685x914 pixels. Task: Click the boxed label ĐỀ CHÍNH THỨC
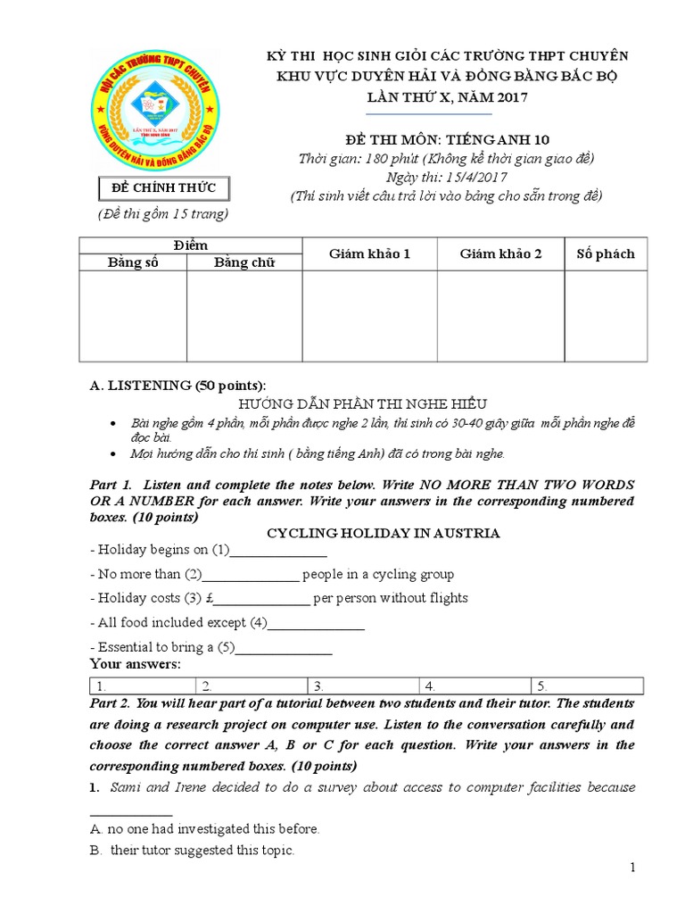[x=163, y=188]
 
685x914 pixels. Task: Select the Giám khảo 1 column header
[x=369, y=254]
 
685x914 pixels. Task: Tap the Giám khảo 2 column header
[x=500, y=254]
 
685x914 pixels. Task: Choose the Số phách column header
[x=606, y=254]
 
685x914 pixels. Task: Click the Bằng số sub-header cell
[x=133, y=262]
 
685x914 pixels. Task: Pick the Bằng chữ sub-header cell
[x=244, y=262]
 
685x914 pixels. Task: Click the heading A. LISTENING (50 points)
[x=177, y=386]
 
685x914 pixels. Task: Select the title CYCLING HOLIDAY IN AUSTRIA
[x=384, y=533]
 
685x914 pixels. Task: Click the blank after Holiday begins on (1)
[x=278, y=552]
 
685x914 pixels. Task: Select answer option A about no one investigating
[x=204, y=829]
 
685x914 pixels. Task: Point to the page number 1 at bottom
[x=631, y=868]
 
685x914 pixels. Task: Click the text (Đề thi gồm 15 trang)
[x=163, y=214]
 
